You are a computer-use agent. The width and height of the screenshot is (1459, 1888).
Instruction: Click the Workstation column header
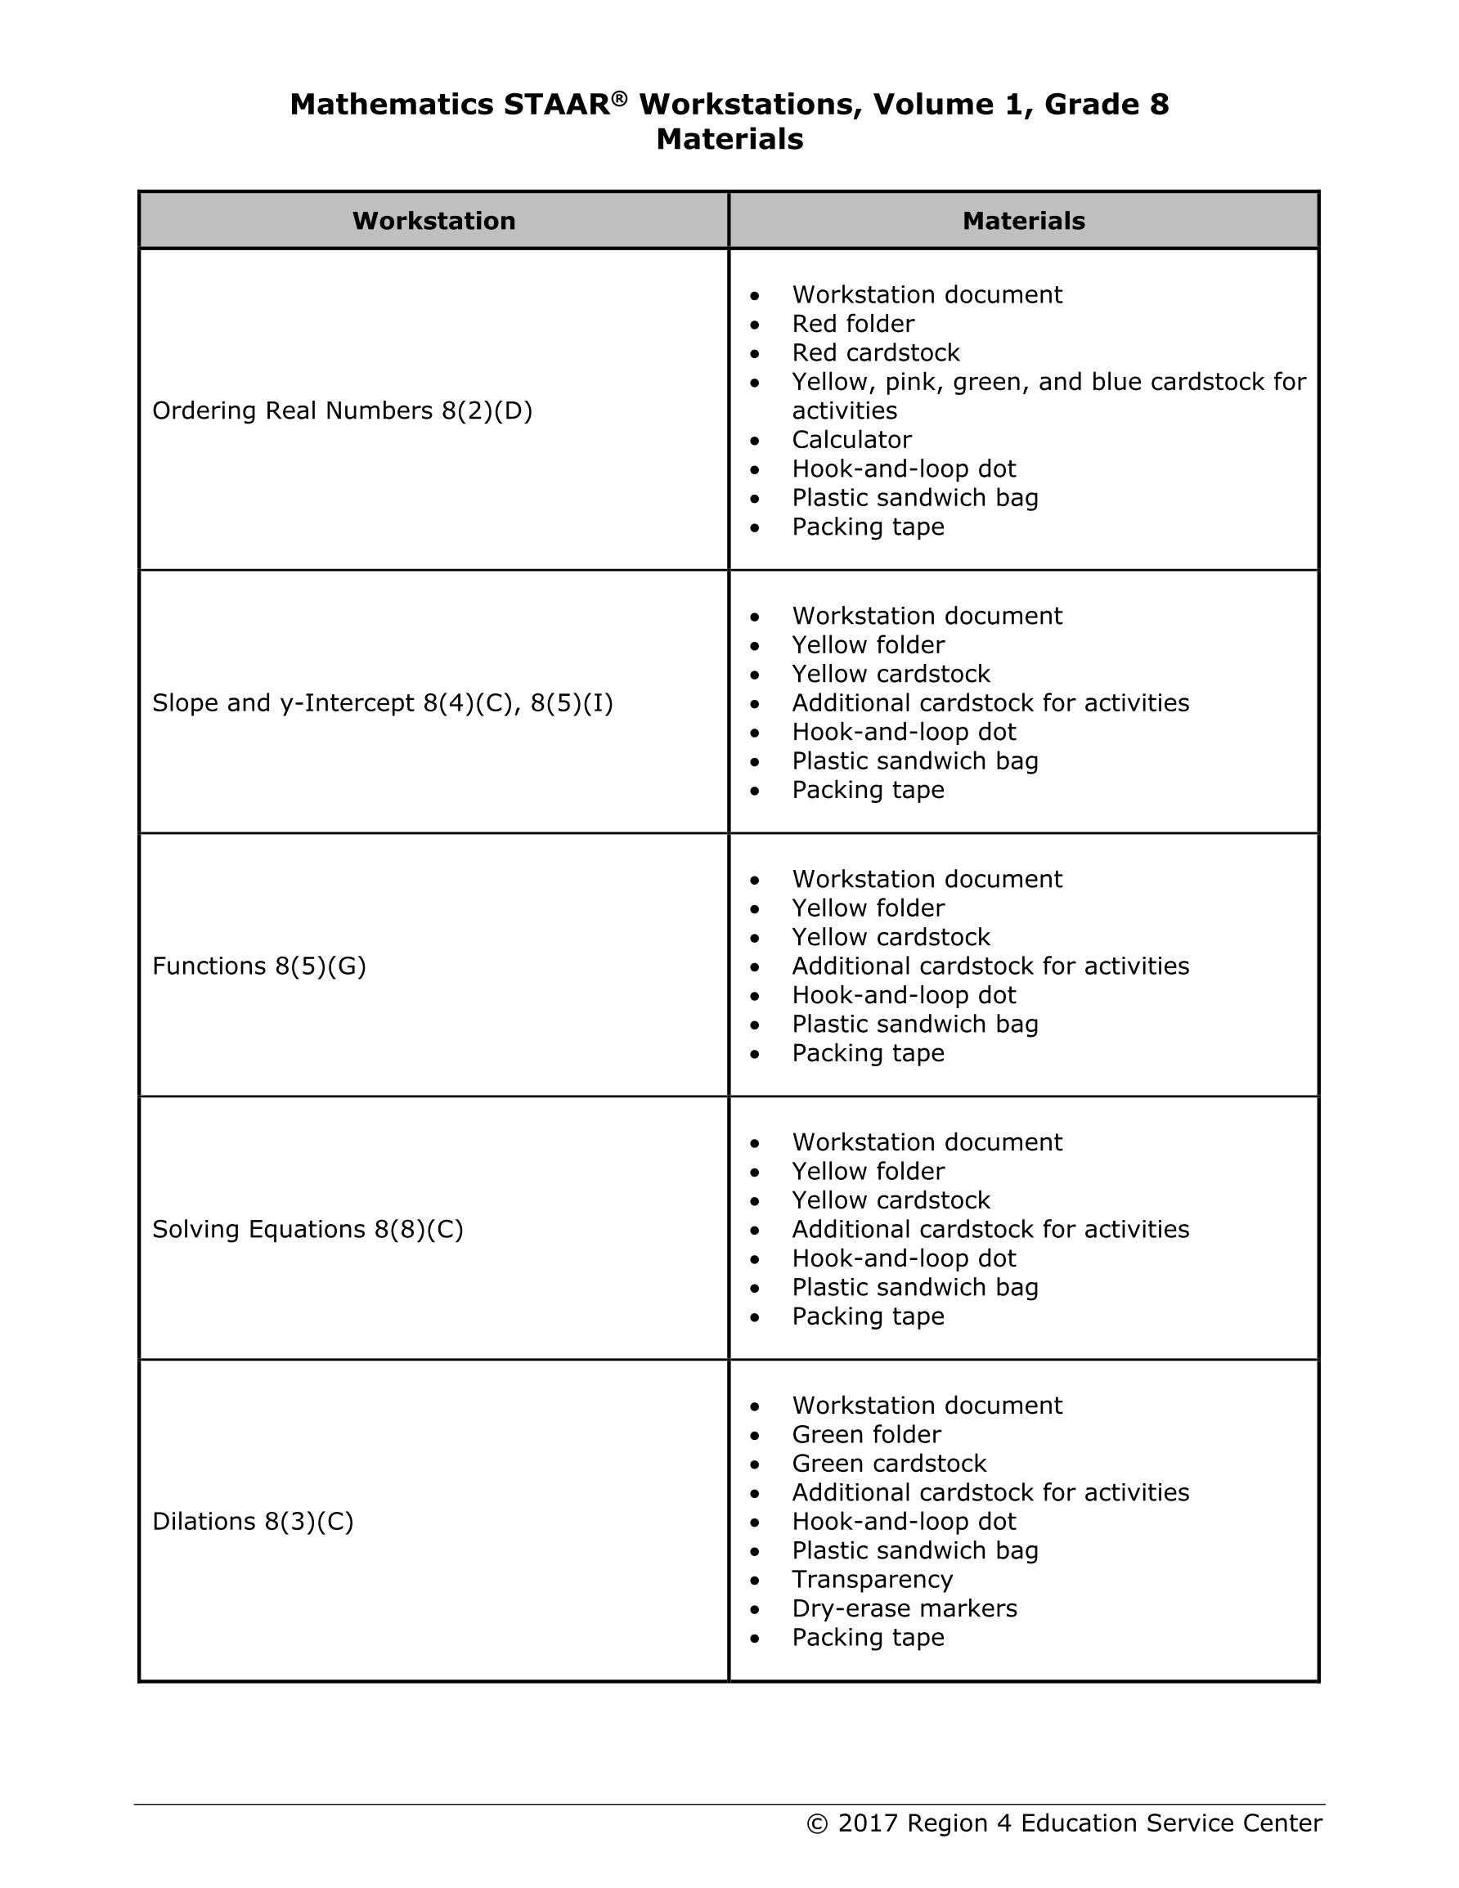pyautogui.click(x=433, y=222)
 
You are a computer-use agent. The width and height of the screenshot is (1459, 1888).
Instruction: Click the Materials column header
pyautogui.click(x=1023, y=222)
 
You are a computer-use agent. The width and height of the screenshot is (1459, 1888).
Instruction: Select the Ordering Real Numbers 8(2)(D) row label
pyautogui.click(x=342, y=410)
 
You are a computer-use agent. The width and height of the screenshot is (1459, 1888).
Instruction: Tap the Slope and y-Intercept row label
pyautogui.click(x=382, y=703)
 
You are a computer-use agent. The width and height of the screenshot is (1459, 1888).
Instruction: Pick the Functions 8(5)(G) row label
pyautogui.click(x=258, y=966)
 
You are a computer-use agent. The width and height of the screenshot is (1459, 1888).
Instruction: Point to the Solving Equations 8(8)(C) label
pyautogui.click(x=307, y=1229)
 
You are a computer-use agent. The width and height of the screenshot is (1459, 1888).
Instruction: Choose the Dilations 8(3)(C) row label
pyautogui.click(x=253, y=1522)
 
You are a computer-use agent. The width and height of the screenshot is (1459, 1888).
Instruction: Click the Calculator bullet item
pyautogui.click(x=851, y=440)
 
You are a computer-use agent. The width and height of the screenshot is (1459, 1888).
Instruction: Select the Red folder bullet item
pyautogui.click(x=853, y=324)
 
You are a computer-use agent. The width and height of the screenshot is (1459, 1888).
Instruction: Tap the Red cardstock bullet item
pyautogui.click(x=875, y=352)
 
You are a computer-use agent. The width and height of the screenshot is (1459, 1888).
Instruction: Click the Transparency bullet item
pyautogui.click(x=872, y=1580)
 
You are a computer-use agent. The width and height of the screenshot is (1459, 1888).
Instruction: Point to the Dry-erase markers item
pyautogui.click(x=904, y=1609)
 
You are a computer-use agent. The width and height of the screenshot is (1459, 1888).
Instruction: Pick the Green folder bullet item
pyautogui.click(x=866, y=1434)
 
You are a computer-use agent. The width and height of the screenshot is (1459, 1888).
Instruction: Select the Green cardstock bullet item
pyautogui.click(x=888, y=1464)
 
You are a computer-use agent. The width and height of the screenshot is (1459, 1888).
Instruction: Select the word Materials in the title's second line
pyautogui.click(x=729, y=139)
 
